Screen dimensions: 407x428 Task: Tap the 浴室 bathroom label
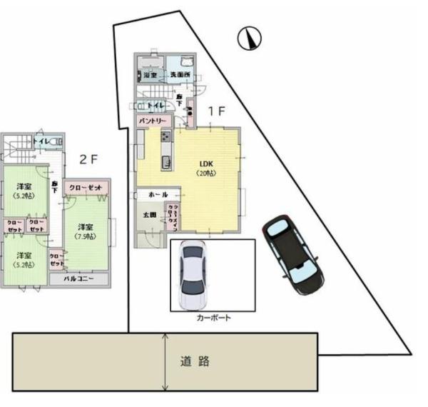pos(150,74)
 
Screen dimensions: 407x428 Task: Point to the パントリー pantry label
pos(153,121)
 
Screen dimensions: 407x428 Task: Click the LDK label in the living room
pos(207,164)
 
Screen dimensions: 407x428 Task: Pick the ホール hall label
pos(158,194)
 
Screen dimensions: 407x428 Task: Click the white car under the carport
pos(194,274)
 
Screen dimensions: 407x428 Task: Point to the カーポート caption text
pos(213,318)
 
